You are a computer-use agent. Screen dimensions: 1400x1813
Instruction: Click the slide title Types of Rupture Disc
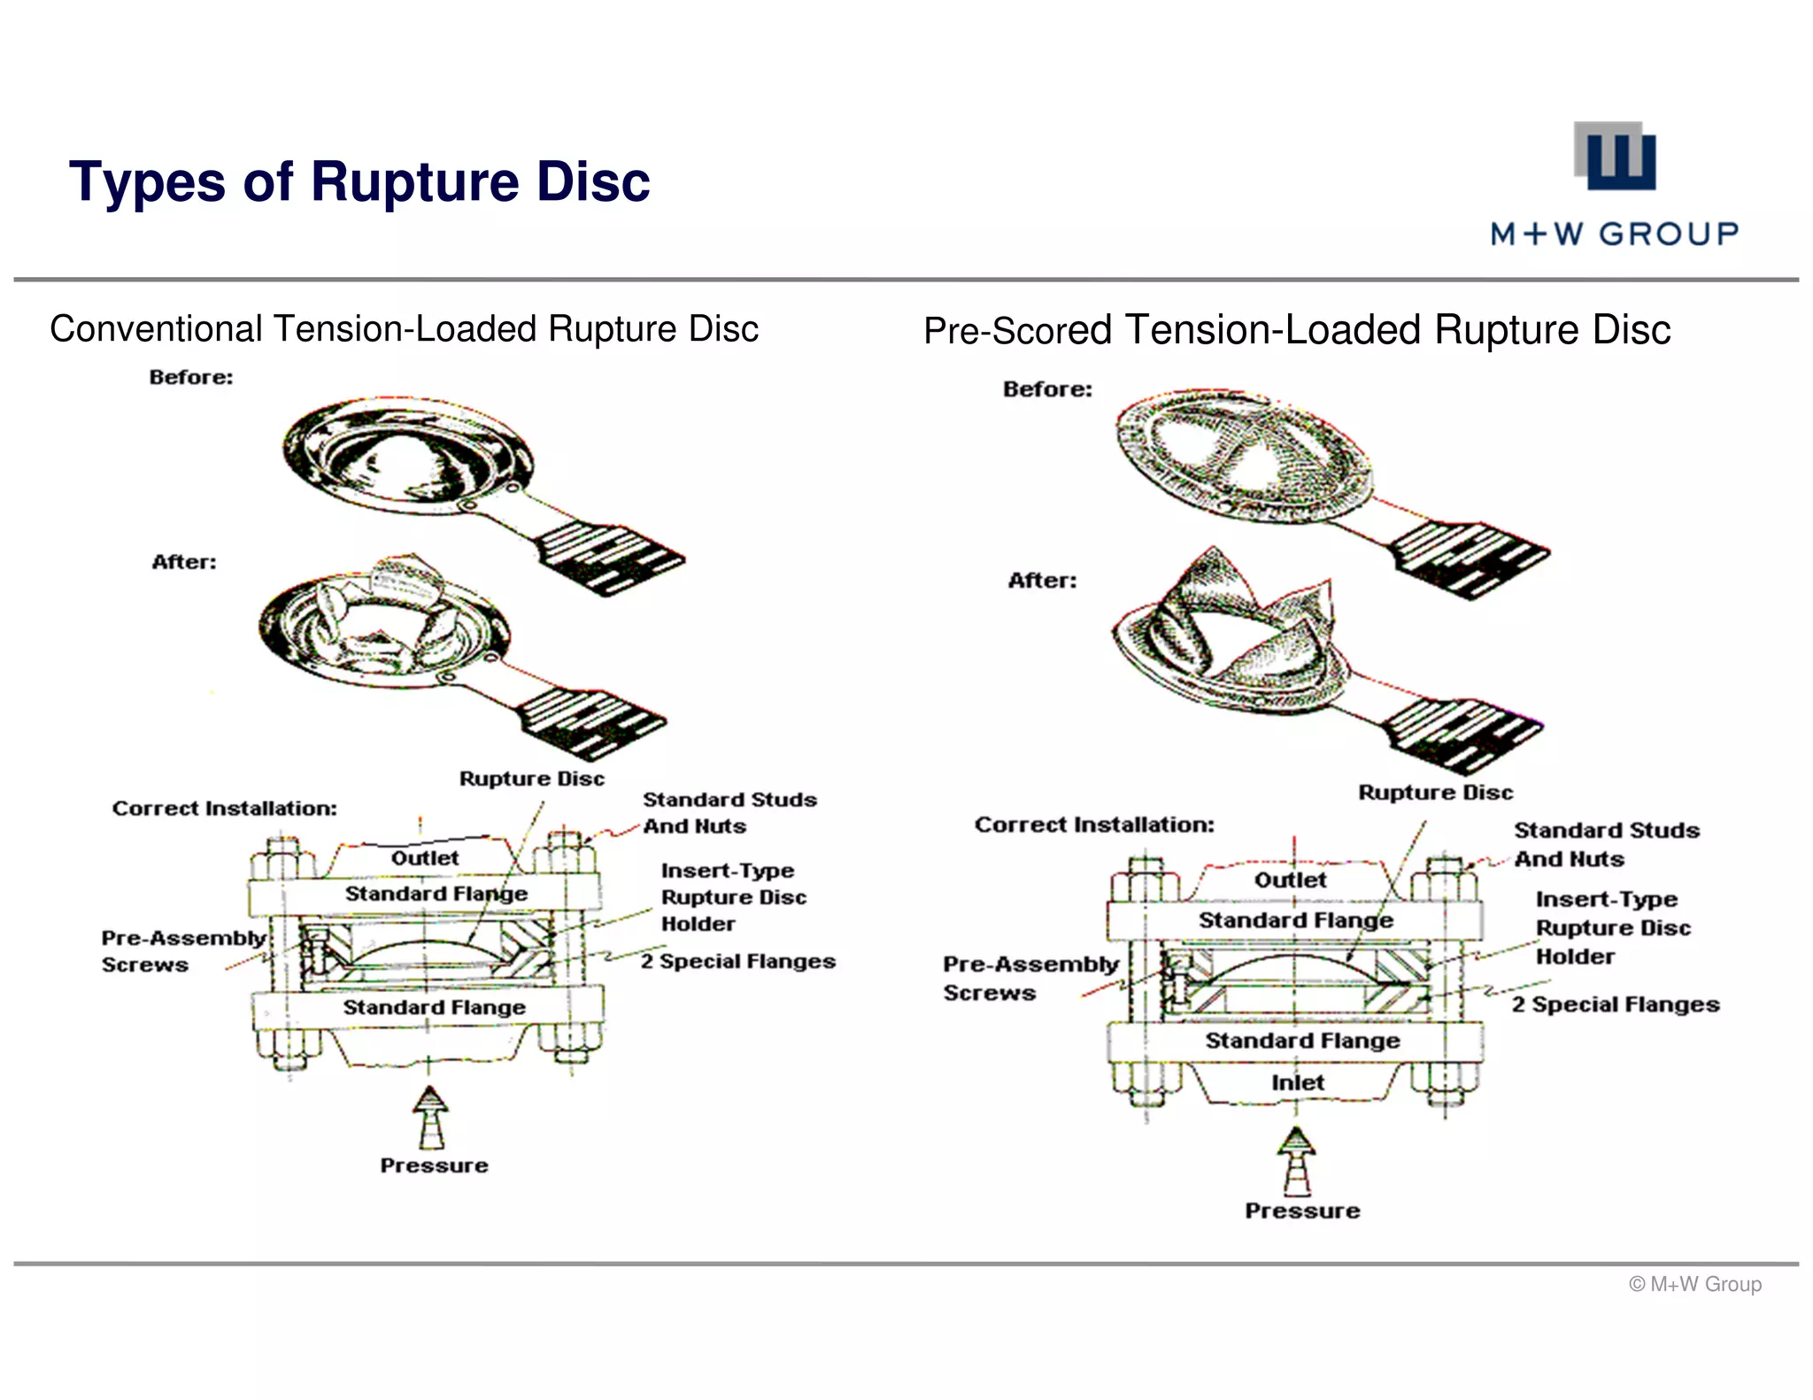click(359, 181)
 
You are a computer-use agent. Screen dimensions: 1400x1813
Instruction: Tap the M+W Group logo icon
click(1614, 157)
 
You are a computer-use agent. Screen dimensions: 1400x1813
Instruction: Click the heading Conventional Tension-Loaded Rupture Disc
click(404, 329)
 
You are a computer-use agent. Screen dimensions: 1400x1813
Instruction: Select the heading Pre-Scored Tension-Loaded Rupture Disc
click(1296, 330)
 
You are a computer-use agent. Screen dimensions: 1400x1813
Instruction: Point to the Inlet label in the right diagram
click(1298, 1082)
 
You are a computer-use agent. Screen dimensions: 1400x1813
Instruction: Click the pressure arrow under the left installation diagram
click(431, 1117)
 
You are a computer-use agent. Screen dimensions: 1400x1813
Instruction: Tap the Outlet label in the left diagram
click(425, 858)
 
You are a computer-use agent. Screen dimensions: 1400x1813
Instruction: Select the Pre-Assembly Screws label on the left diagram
click(182, 950)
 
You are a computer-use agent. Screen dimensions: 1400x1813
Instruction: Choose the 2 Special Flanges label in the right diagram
click(1615, 1004)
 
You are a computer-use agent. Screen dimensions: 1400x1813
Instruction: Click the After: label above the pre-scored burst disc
click(1042, 581)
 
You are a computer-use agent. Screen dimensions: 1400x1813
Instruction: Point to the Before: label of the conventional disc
click(191, 377)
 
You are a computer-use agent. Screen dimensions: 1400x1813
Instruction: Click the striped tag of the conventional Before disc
click(611, 558)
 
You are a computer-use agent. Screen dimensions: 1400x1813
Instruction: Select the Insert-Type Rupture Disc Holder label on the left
click(733, 896)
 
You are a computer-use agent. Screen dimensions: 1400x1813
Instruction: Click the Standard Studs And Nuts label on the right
click(1605, 844)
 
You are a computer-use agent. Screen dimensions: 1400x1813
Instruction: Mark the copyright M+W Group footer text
click(1694, 1284)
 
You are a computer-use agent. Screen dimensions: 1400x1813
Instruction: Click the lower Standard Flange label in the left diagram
click(434, 1007)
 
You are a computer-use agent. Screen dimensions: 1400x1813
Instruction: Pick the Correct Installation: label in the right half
click(1094, 825)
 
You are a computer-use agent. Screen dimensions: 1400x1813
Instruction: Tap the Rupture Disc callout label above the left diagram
click(531, 779)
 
